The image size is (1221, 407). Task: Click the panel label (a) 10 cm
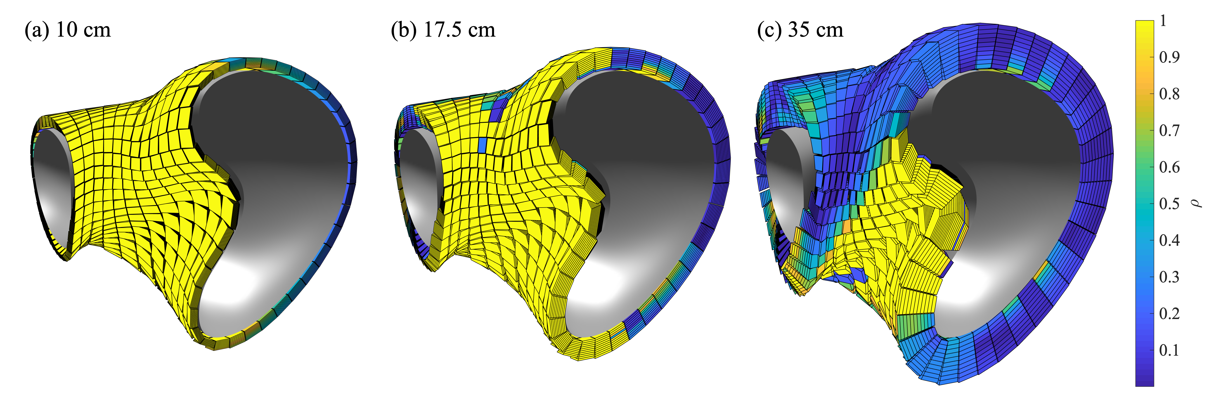(x=68, y=30)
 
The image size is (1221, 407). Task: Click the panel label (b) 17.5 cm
(x=443, y=30)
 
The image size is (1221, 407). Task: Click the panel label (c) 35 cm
(x=801, y=30)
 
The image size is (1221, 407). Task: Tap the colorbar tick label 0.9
(x=1169, y=57)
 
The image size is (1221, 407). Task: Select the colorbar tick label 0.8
(x=1169, y=94)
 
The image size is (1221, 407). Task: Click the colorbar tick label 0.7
(x=1169, y=130)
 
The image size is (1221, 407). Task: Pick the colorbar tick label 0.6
(x=1169, y=167)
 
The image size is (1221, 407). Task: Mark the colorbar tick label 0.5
(x=1169, y=204)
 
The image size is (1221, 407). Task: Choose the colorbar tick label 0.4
(x=1169, y=240)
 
